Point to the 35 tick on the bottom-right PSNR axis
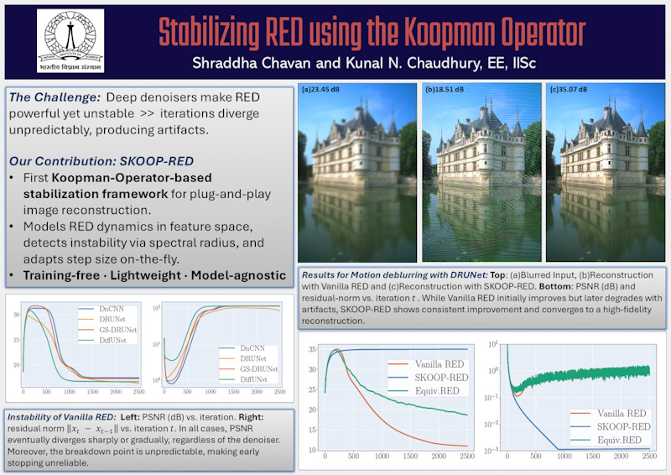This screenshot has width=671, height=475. coord(311,349)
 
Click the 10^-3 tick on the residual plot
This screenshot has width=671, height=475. coord(492,451)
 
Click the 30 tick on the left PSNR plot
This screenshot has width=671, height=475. coord(16,315)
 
